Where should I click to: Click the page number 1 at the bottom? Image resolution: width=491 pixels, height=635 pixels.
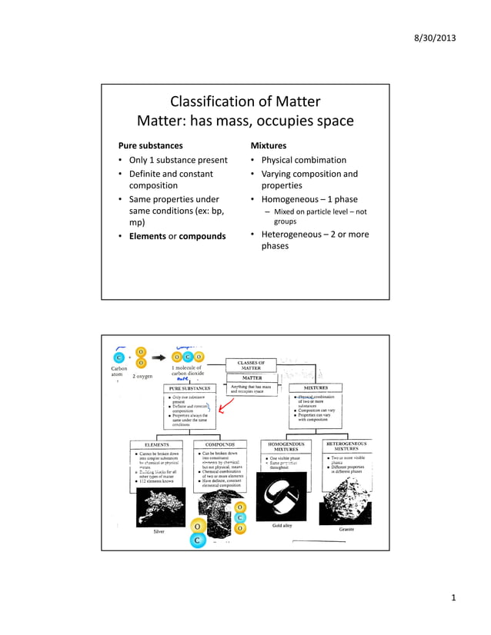pos(454,598)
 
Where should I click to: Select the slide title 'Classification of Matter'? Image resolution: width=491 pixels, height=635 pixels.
pos(245,102)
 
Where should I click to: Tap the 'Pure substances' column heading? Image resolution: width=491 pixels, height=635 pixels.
pos(150,145)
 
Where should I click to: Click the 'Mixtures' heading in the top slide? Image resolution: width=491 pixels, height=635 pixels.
pos(269,145)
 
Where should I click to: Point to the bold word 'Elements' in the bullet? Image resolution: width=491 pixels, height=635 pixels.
pos(147,236)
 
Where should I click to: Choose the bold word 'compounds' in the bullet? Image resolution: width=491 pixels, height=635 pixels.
pos(202,236)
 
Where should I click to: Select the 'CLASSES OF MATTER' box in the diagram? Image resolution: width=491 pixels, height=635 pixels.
pos(251,365)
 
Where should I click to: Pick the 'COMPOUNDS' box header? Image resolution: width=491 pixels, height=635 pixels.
pos(219,444)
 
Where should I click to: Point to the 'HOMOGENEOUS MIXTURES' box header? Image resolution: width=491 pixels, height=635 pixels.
pos(286,446)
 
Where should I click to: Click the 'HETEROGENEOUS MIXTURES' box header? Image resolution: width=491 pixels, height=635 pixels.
pos(346,446)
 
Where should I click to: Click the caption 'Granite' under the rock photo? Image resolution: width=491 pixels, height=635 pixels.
pos(346,530)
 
